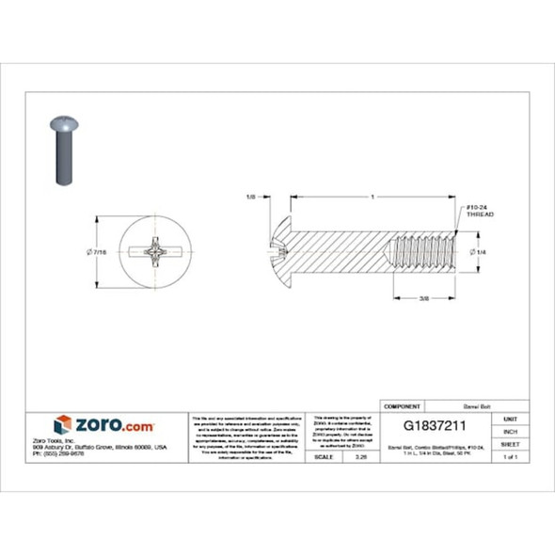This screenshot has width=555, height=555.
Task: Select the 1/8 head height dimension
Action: click(250, 198)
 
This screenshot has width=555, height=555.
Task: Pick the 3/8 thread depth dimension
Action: click(423, 299)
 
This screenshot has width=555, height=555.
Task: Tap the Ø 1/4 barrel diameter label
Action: click(478, 252)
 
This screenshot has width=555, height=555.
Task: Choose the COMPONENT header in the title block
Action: click(403, 405)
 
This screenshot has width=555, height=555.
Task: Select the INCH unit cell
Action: click(511, 431)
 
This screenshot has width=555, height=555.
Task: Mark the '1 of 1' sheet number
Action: click(511, 456)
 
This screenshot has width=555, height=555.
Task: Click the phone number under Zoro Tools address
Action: click(85, 453)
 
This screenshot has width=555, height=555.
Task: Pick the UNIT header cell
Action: click(511, 419)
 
